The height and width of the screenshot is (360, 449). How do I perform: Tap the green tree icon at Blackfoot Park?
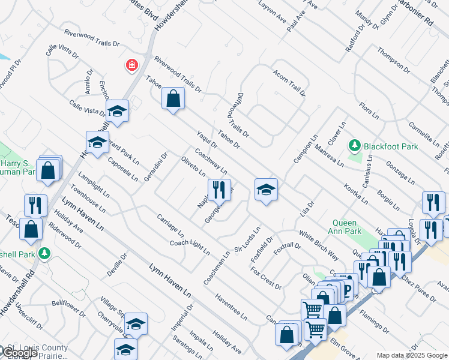coord(355,145)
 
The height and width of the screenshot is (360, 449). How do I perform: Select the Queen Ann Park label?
coord(347,226)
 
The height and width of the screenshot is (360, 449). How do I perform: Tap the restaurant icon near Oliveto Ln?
coord(219,190)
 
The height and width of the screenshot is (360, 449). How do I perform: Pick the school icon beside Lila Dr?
coord(266,190)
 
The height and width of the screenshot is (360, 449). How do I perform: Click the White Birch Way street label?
coord(318,245)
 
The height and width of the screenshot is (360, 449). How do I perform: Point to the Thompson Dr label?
coord(393,61)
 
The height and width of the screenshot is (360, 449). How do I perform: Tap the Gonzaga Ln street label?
coord(400,172)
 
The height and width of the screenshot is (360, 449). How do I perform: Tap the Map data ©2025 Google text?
coord(411,355)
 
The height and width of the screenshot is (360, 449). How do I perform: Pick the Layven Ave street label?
coord(273,13)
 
